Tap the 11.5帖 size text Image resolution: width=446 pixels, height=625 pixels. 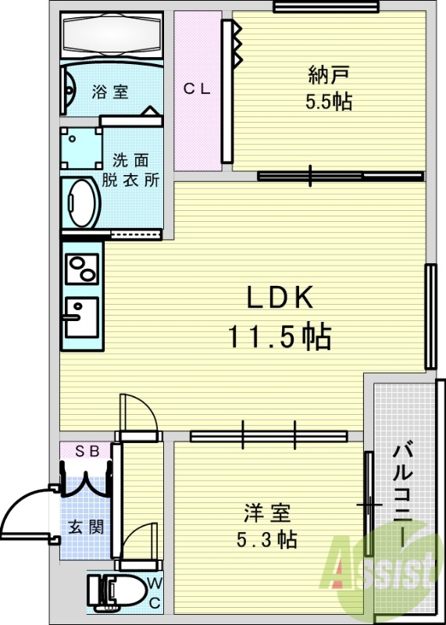[x=280, y=337]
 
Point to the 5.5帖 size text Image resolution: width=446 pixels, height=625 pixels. [x=329, y=102]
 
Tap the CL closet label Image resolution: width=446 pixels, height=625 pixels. [x=197, y=88]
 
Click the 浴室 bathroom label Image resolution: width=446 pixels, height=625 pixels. [x=110, y=91]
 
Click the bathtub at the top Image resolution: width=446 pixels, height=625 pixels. [x=112, y=35]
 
